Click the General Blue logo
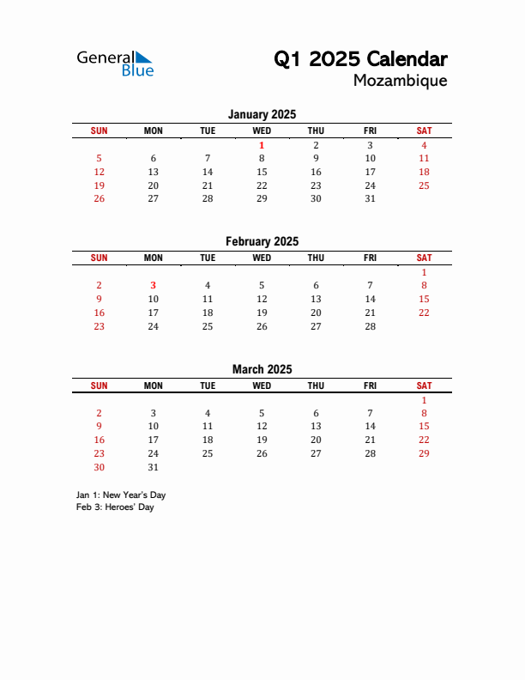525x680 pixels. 115,63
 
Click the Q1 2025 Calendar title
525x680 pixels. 360,59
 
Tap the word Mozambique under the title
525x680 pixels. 400,81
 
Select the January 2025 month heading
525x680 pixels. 262,114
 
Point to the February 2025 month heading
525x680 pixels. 262,241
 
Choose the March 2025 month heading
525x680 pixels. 262,369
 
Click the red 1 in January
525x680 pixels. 262,145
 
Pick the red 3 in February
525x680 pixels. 153,285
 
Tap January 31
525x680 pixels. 370,198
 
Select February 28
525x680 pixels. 370,326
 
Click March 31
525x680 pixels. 153,468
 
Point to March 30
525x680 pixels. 99,468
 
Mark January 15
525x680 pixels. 262,172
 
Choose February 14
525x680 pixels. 370,299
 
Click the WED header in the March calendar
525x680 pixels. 262,386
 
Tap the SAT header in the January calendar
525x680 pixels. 424,131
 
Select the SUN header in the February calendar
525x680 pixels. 99,258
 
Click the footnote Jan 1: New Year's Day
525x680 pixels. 121,495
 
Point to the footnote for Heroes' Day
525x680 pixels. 115,507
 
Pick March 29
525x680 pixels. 424,453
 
